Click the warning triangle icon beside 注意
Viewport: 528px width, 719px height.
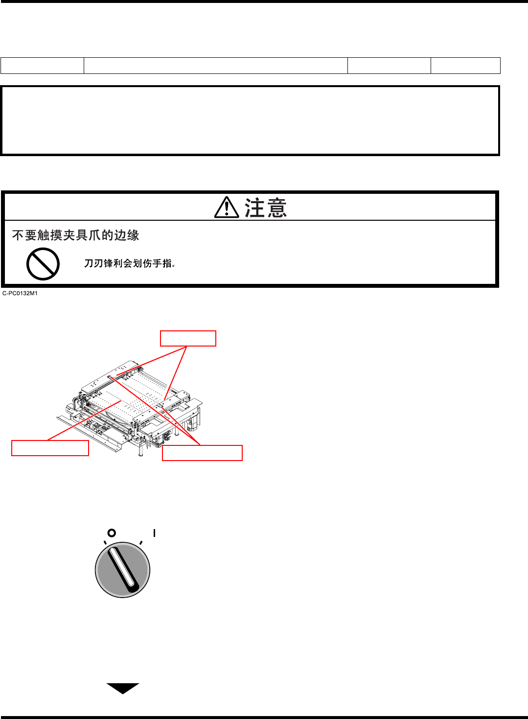click(x=227, y=208)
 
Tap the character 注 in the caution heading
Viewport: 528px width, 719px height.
click(x=254, y=208)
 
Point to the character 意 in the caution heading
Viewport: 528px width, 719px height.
click(x=277, y=208)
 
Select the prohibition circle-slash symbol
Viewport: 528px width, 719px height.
click(x=43, y=264)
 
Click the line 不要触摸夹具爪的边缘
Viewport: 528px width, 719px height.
click(x=76, y=235)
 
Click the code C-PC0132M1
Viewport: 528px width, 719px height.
click(x=20, y=294)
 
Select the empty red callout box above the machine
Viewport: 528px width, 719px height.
click(x=188, y=339)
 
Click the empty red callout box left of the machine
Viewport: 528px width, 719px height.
click(x=50, y=448)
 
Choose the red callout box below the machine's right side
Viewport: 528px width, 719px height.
click(x=202, y=453)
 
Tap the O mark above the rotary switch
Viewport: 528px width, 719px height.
click(x=112, y=533)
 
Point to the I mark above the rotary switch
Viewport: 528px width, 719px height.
click(x=154, y=533)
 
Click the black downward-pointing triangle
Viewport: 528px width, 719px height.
click(x=123, y=688)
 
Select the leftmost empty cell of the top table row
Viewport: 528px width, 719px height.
click(x=43, y=66)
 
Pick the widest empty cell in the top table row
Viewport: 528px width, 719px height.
click(x=216, y=66)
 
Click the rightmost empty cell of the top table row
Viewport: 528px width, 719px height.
click(x=465, y=66)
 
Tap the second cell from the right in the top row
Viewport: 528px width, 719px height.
click(x=389, y=66)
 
